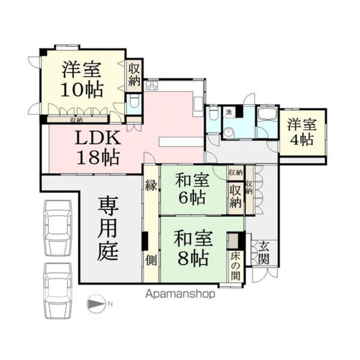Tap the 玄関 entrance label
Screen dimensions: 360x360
(x=264, y=253)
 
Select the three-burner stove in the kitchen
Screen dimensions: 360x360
(x=152, y=86)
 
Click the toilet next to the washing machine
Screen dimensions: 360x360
(x=213, y=113)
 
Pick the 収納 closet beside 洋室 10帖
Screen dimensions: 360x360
(x=134, y=75)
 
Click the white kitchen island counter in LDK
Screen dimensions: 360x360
(x=182, y=141)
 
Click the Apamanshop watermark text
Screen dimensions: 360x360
(x=180, y=294)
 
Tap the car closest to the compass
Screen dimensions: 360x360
(x=58, y=288)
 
